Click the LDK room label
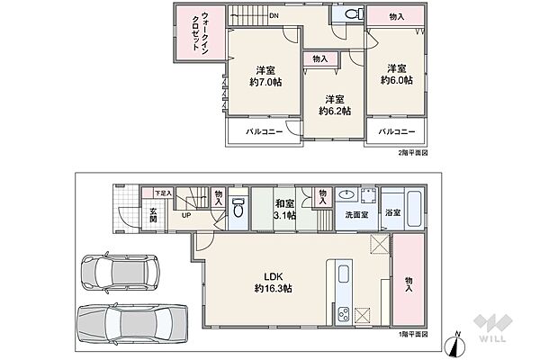coord(273,276)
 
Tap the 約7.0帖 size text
coord(265,82)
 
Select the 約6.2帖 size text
coord(335,112)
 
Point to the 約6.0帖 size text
coord(396,80)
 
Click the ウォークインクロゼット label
coord(200,31)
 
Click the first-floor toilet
coord(238,207)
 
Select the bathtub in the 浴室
coord(414,209)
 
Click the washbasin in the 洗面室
coord(346,195)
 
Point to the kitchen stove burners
coord(344,313)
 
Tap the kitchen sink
coord(344,274)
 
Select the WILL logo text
coord(492,338)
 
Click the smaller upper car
coord(120,273)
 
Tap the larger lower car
coord(132,323)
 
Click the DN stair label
coord(274,16)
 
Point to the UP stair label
coord(186,215)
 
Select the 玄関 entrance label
coord(153,214)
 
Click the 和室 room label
coord(284,203)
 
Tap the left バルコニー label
coord(264,132)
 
